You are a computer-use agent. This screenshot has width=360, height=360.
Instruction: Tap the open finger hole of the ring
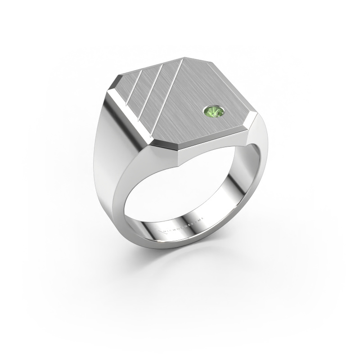click(x=180, y=193)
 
